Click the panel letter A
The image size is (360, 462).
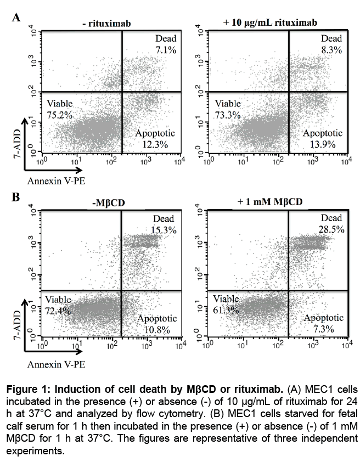click(16, 16)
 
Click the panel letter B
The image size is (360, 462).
click(16, 196)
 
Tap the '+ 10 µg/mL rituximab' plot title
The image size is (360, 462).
click(273, 22)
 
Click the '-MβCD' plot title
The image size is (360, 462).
click(109, 202)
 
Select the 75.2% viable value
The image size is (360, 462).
click(59, 114)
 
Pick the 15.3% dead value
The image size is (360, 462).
click(163, 230)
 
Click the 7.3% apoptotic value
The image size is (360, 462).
click(323, 329)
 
